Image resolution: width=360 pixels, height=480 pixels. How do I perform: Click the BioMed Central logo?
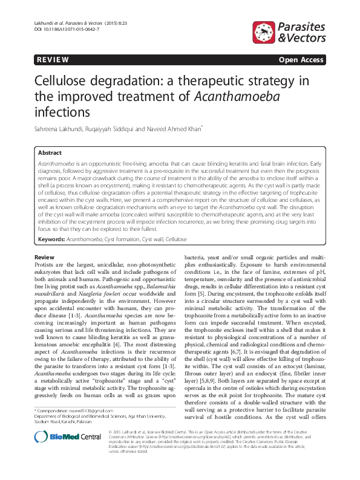point(59,454)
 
